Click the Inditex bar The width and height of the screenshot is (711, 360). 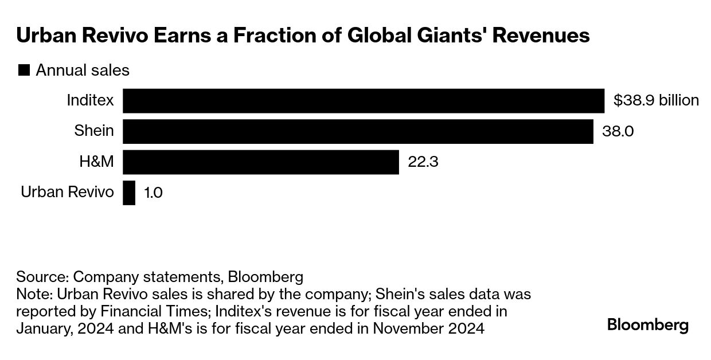364,101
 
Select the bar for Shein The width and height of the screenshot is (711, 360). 358,131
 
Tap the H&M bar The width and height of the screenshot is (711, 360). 261,162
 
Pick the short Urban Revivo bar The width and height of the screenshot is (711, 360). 129,193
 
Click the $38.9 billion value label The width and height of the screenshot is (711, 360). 656,101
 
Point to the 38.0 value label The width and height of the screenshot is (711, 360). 618,131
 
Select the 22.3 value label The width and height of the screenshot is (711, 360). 423,162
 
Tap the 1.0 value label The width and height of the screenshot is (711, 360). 153,193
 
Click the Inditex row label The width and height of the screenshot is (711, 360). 90,101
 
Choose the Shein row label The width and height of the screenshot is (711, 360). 94,131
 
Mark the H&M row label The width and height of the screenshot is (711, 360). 96,162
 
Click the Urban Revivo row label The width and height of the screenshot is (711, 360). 67,192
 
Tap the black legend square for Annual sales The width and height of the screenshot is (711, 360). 24,71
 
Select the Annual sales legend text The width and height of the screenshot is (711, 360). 83,71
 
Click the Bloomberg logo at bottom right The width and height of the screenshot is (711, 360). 648,326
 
